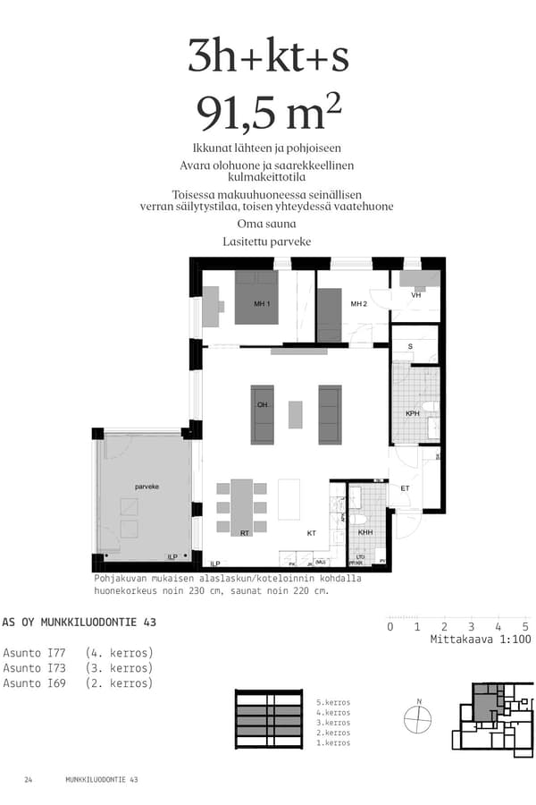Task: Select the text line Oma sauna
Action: [x=266, y=224]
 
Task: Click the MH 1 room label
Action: [x=262, y=305]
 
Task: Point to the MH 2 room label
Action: [x=358, y=304]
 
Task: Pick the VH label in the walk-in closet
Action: [x=415, y=295]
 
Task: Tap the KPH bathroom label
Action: [x=413, y=414]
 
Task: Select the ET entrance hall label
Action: [x=405, y=488]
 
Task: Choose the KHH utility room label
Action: [x=365, y=533]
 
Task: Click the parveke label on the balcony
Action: [x=147, y=487]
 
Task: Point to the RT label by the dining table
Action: [x=244, y=533]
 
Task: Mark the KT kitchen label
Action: [x=311, y=533]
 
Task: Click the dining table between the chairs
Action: [x=242, y=505]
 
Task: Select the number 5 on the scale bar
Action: [x=525, y=626]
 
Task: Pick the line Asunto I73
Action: [x=78, y=668]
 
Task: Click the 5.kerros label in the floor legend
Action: [x=332, y=702]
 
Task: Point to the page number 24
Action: [x=29, y=780]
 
